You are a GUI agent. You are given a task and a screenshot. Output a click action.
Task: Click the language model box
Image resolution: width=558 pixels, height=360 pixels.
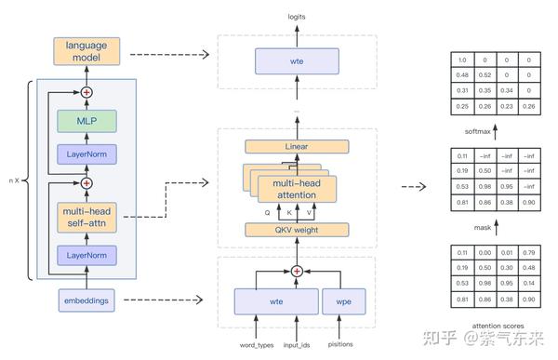point(88,51)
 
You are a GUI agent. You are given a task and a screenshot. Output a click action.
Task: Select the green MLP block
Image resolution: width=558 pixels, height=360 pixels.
point(88,121)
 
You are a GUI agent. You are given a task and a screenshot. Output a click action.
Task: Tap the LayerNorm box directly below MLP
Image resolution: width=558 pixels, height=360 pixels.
point(88,154)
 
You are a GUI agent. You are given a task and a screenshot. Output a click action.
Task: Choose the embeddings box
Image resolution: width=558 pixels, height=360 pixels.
point(88,300)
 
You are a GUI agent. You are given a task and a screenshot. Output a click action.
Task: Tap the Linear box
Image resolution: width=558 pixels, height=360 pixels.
point(297,147)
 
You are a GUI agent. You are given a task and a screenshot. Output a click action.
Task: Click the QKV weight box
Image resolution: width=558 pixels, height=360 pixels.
point(297,230)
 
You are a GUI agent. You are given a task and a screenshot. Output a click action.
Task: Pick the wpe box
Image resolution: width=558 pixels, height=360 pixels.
point(341,301)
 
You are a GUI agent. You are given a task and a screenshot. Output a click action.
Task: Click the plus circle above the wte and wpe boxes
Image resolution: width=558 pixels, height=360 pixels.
point(297,271)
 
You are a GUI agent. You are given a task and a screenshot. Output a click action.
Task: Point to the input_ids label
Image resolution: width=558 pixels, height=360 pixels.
point(297,344)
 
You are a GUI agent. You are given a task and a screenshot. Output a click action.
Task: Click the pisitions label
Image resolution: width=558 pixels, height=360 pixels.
point(341,344)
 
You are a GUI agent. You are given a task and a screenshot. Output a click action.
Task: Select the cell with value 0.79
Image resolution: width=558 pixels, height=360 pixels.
point(530,252)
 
